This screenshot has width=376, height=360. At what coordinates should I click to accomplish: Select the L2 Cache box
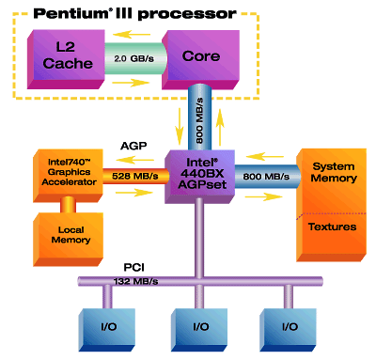62,55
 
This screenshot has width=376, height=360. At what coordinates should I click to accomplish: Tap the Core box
198,55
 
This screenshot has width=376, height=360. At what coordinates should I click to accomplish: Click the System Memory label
334,172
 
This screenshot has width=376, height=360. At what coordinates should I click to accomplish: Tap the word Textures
334,227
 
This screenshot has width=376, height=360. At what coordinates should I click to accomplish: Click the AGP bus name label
133,146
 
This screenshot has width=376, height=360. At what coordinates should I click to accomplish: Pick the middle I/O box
198,326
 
